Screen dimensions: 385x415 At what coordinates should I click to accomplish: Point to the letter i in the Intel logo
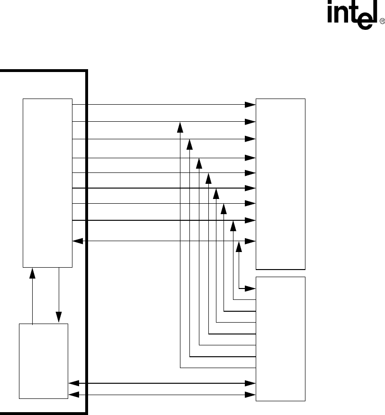330,18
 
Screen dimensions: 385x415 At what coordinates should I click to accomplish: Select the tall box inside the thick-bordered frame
47,182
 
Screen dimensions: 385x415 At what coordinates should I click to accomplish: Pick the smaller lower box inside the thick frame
43,361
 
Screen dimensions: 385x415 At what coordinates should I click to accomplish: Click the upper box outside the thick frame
280,183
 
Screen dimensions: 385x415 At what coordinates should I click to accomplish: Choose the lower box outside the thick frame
280,339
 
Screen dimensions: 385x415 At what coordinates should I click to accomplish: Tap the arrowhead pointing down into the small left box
59,316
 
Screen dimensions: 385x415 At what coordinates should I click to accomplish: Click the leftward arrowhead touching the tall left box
77,241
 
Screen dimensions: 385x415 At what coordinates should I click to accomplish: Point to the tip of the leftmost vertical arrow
180,126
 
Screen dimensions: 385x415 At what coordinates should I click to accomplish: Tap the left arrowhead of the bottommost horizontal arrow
73,394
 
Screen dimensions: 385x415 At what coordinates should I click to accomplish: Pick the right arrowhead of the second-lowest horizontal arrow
251,383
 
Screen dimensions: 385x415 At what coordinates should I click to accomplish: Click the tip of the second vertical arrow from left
189,144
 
